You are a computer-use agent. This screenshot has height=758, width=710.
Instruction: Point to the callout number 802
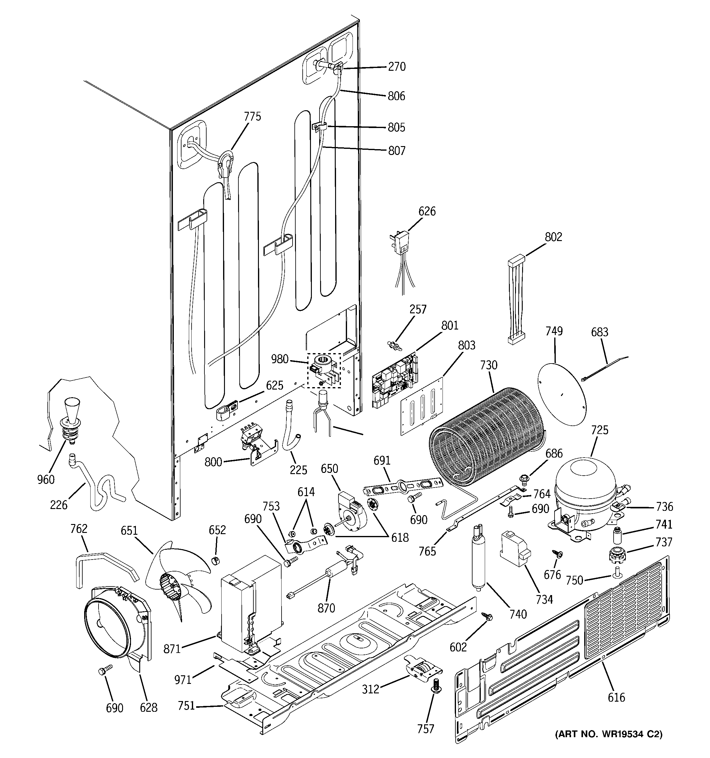[x=553, y=237]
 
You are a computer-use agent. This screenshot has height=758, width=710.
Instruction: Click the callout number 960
[x=46, y=479]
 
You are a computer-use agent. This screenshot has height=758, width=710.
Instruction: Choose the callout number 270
[x=397, y=67]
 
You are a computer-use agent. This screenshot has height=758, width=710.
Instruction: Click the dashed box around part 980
[x=324, y=370]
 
